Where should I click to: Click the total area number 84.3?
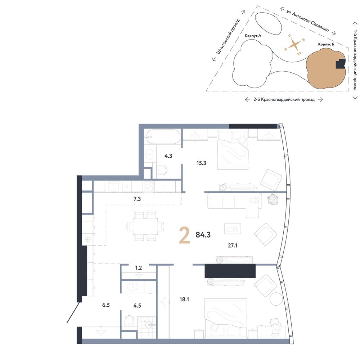[x=203, y=235]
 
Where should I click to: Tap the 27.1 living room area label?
[x=232, y=246]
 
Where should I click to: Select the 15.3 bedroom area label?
[x=201, y=163]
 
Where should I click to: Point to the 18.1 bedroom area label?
[x=184, y=300]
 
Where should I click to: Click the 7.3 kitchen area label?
[x=137, y=199]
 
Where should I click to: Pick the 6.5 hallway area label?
[x=106, y=305]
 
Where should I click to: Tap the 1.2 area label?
[x=139, y=268]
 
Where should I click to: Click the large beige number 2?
[x=185, y=235]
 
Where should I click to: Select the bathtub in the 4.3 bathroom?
[x=163, y=137]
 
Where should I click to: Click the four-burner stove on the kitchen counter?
[x=148, y=186]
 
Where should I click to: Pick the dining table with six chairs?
[x=145, y=226]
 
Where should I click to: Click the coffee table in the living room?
[x=233, y=229]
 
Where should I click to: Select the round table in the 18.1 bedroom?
[x=276, y=298]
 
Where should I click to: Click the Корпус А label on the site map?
[x=253, y=36]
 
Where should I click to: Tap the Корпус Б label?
[x=326, y=44]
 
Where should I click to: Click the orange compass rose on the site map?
[x=294, y=45]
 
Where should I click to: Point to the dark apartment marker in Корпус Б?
[x=341, y=64]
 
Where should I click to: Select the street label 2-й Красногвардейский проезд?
[x=284, y=99]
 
